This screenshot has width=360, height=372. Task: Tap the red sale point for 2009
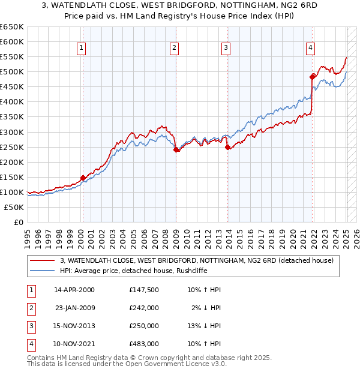click(x=176, y=150)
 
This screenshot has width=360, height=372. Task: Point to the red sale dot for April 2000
click(x=83, y=178)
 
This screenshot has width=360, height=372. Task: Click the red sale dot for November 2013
click(x=227, y=147)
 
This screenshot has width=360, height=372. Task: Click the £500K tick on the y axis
click(x=12, y=72)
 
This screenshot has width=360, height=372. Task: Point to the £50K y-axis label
click(x=14, y=207)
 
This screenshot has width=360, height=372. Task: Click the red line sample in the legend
click(x=43, y=260)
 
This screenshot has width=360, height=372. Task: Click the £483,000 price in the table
click(x=143, y=344)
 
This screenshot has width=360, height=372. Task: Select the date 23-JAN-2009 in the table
click(x=74, y=308)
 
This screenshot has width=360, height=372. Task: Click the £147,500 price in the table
click(x=143, y=290)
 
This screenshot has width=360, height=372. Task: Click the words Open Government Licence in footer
click(x=170, y=364)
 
